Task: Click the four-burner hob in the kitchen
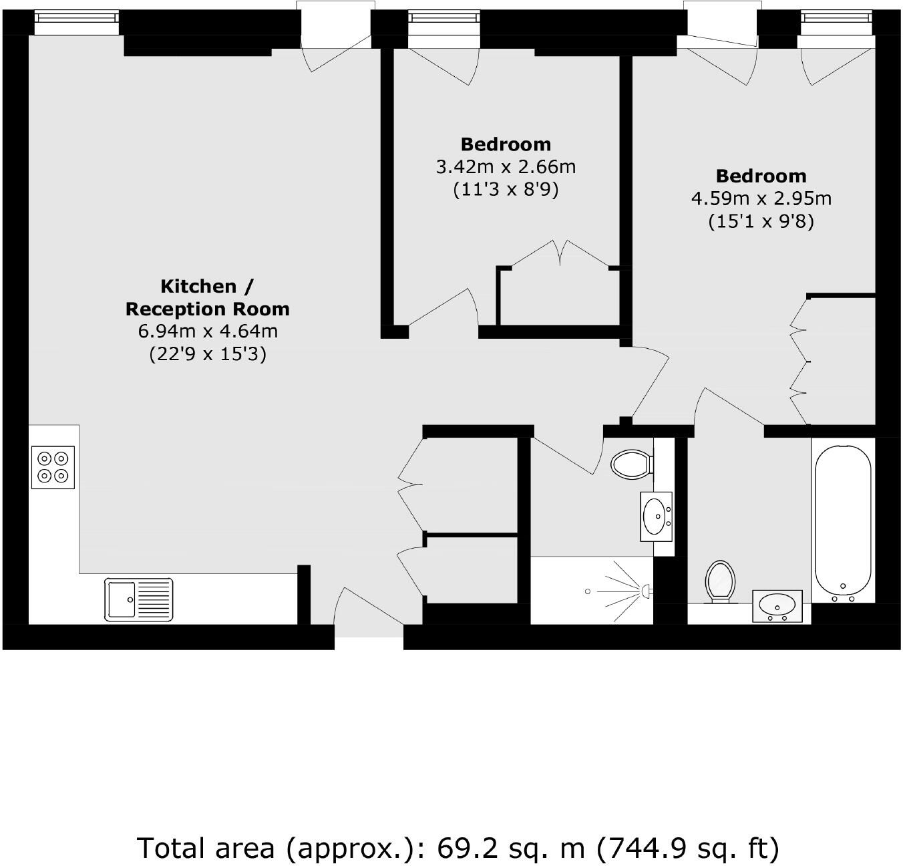(x=53, y=466)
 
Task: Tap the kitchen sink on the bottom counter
(x=139, y=599)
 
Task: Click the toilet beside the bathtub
(x=720, y=581)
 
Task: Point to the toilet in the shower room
(x=631, y=463)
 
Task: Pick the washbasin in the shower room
(x=657, y=516)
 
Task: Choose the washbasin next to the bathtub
(x=777, y=605)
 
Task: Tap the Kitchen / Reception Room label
(x=207, y=297)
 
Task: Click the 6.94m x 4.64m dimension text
(x=207, y=331)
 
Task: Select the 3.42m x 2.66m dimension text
(x=506, y=167)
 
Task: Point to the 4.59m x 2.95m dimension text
(x=761, y=198)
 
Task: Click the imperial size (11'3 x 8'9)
(x=506, y=190)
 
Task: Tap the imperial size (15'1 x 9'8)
(x=761, y=221)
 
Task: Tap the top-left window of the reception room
(x=76, y=23)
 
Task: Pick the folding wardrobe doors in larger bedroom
(x=799, y=361)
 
